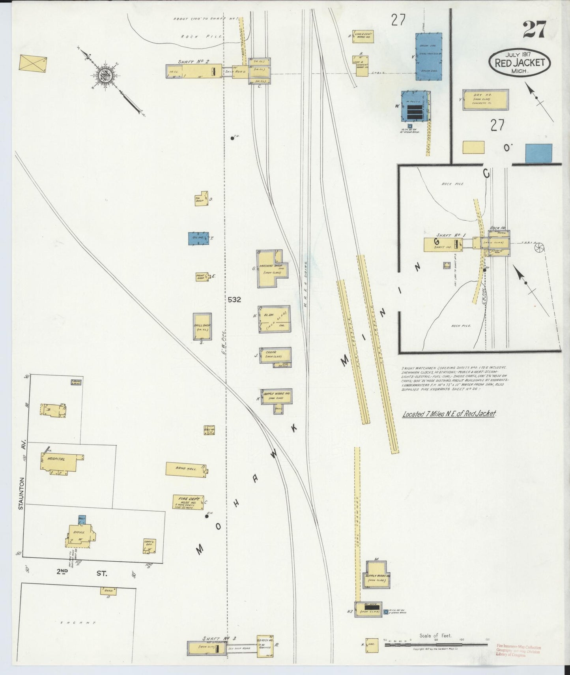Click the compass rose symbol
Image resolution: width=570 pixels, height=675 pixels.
pos(107,75)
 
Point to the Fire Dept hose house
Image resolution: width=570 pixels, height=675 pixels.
pos(187,502)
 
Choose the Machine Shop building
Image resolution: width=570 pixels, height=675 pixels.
pos(271,270)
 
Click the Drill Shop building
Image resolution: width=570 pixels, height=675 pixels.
pos(202,326)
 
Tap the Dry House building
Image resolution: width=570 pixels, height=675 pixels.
pos(485,100)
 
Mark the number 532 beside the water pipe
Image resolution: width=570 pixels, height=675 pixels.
pos(234,300)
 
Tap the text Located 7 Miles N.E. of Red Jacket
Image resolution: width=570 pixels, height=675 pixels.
pos(449,414)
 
